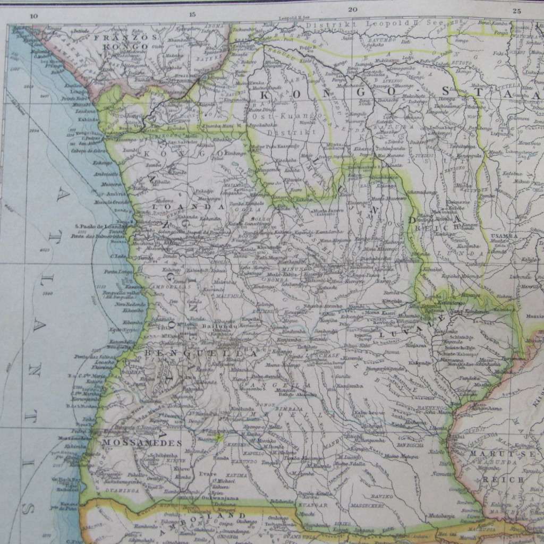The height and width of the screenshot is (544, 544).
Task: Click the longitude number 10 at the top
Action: click(x=34, y=15)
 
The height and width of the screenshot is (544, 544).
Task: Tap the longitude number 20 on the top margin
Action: click(x=352, y=10)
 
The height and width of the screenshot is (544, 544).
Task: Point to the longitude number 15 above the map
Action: click(x=192, y=14)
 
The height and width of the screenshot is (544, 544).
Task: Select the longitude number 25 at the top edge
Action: click(x=516, y=10)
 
